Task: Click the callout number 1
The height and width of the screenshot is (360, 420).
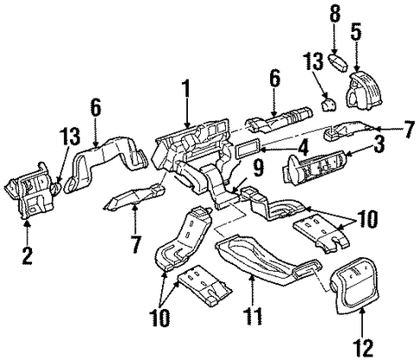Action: pyautogui.click(x=186, y=89)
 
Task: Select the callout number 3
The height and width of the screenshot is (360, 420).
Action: pyautogui.click(x=379, y=145)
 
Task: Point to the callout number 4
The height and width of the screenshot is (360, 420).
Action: pyautogui.click(x=303, y=149)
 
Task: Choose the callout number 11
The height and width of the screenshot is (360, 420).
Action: pyautogui.click(x=253, y=318)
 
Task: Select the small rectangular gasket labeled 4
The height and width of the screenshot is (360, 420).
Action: pyautogui.click(x=249, y=149)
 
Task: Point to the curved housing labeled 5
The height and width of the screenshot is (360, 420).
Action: pyautogui.click(x=364, y=91)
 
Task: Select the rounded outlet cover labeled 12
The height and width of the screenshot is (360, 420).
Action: pyautogui.click(x=355, y=286)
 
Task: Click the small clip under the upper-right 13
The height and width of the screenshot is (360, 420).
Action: pyautogui.click(x=329, y=104)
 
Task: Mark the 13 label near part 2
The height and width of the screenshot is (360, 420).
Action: pyautogui.click(x=70, y=137)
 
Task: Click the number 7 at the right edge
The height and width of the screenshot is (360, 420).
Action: pyautogui.click(x=410, y=131)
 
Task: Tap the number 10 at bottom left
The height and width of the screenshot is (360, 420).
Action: pyautogui.click(x=160, y=318)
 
